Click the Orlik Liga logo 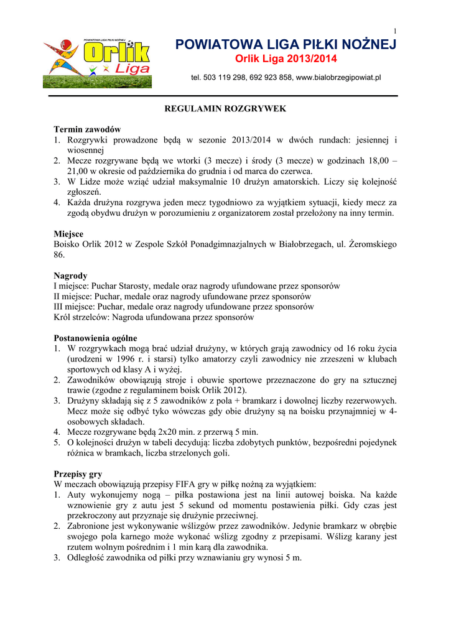pos(97,63)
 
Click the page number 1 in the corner pos(395,32)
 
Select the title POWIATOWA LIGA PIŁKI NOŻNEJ pos(286,45)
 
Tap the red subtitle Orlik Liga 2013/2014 pos(286,59)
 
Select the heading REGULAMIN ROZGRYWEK pos(225,108)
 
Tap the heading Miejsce pos(68,233)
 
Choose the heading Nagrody pos(70,276)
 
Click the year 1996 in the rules pos(130,359)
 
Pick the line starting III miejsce pos(184,307)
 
